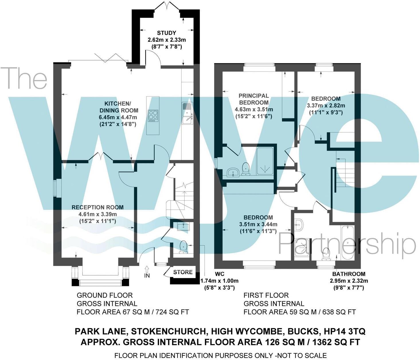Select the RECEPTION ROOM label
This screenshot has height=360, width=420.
click(97, 207)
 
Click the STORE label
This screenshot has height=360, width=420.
click(183, 272)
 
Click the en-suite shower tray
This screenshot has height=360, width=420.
click(265, 161)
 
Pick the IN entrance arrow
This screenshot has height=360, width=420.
click(147, 269)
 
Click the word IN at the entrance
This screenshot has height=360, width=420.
click(147, 276)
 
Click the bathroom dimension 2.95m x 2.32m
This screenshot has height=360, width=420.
click(349, 281)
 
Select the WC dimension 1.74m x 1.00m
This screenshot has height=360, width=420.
click(219, 281)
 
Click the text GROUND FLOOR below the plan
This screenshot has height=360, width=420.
click(105, 295)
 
